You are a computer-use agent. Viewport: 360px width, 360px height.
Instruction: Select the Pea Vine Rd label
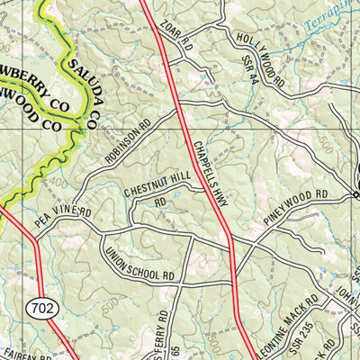point(65,217)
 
